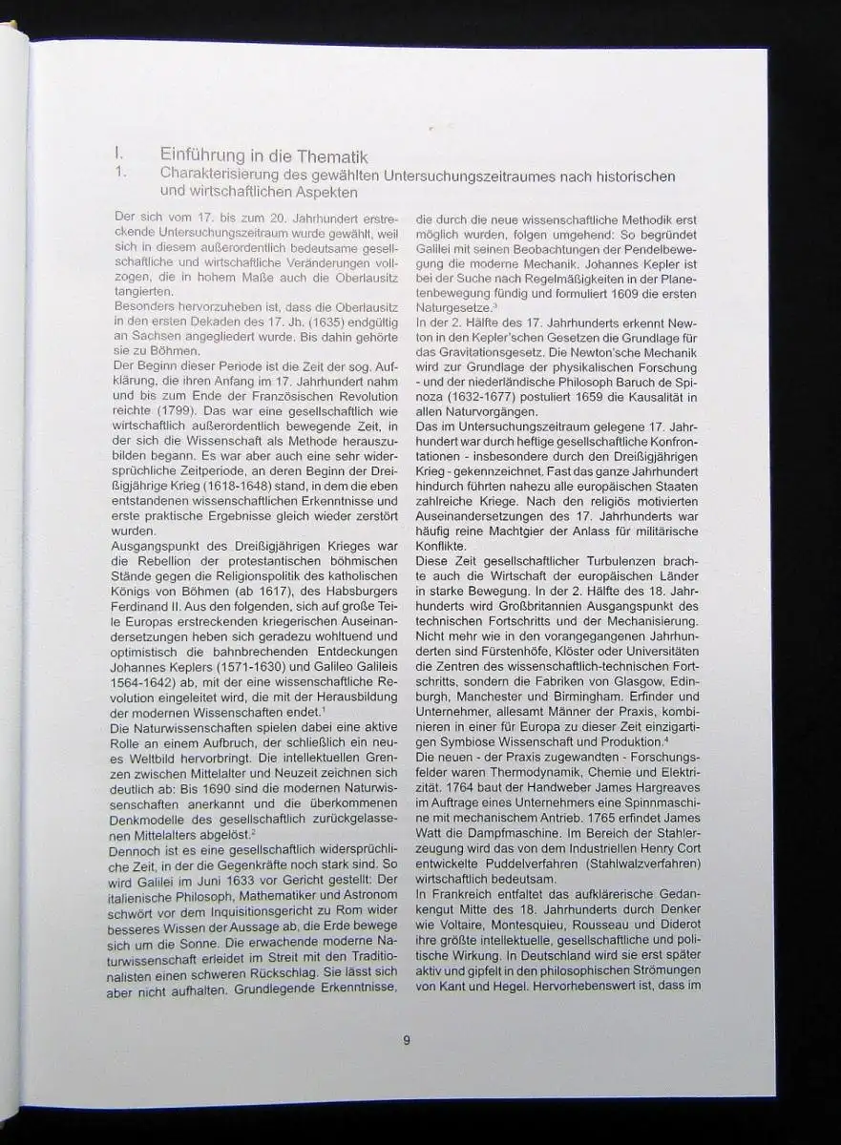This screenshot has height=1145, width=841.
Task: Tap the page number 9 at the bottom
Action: click(407, 1040)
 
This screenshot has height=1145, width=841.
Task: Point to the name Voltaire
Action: click(461, 925)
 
